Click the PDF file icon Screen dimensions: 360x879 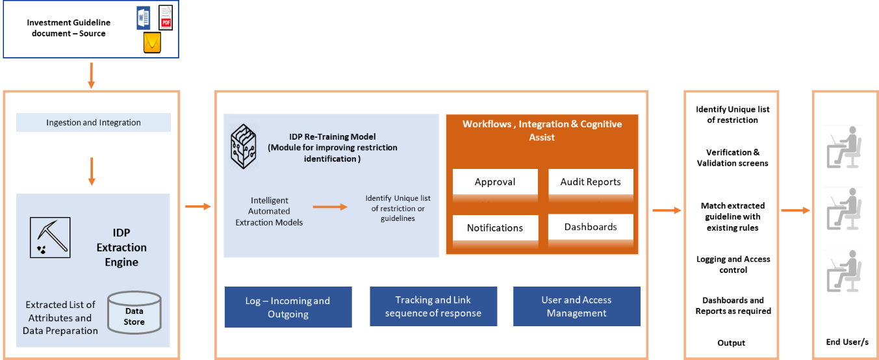pyautogui.click(x=166, y=18)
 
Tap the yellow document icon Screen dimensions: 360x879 pyautogui.click(x=152, y=44)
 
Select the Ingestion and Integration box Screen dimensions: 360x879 pyautogui.click(x=93, y=122)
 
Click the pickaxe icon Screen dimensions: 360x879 pyautogui.click(x=50, y=237)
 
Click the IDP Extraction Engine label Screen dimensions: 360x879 pyautogui.click(x=121, y=248)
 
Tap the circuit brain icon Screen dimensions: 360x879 pyautogui.click(x=243, y=148)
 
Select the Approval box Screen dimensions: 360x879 pyautogui.click(x=495, y=182)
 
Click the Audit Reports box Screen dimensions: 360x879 pyautogui.click(x=591, y=182)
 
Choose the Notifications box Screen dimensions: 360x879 pyautogui.click(x=495, y=228)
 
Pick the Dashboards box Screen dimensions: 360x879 pyautogui.click(x=591, y=227)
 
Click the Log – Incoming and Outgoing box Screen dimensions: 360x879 pyautogui.click(x=288, y=307)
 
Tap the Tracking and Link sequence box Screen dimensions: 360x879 pyautogui.click(x=433, y=307)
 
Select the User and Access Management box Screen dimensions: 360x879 pyautogui.click(x=576, y=307)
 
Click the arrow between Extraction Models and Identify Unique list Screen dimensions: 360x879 pyautogui.click(x=330, y=207)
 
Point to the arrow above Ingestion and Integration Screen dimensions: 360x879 pyautogui.click(x=92, y=75)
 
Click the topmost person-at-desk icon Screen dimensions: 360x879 pyautogui.click(x=843, y=147)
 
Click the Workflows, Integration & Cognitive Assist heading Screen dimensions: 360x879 pyautogui.click(x=542, y=130)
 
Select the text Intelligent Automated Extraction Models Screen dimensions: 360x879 pyautogui.click(x=270, y=211)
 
